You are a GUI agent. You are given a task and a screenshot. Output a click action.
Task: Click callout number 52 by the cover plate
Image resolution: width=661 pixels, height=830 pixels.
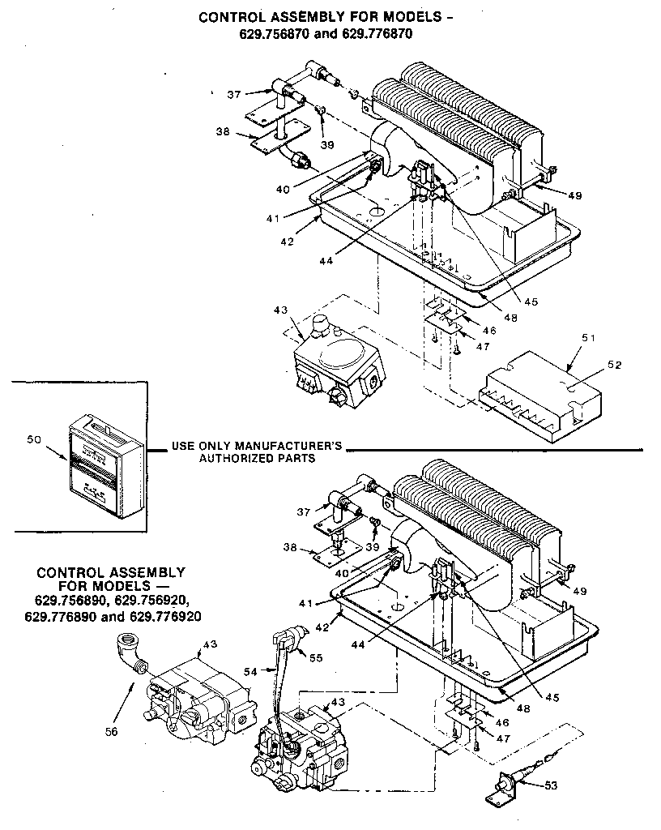pyautogui.click(x=615, y=365)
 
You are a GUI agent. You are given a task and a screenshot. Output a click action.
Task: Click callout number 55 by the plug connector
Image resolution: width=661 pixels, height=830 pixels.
pyautogui.click(x=316, y=658)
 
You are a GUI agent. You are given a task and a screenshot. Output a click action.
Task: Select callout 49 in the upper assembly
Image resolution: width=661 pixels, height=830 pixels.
pyautogui.click(x=574, y=195)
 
